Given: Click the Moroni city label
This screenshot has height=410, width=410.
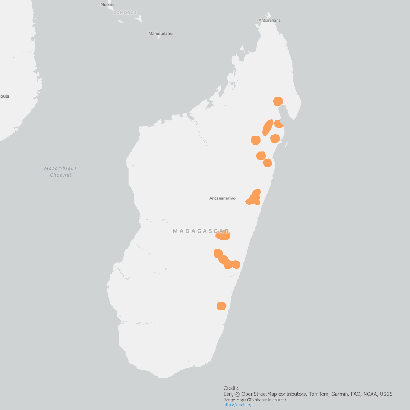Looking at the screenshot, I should [x=107, y=4].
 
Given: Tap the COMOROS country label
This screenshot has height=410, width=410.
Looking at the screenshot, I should [x=125, y=13].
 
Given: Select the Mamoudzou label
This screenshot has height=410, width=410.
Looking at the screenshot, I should [x=160, y=34].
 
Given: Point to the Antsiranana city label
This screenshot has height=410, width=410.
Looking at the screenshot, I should [x=269, y=20].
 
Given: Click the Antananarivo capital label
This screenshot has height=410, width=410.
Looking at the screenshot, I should [x=222, y=198].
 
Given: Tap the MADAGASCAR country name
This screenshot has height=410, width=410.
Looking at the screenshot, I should [x=201, y=231].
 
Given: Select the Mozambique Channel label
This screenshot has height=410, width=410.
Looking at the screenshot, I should [x=60, y=172].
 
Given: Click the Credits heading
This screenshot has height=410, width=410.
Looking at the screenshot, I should [x=231, y=388].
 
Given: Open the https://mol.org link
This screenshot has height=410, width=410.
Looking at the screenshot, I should [x=237, y=405].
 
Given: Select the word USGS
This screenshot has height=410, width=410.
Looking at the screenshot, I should [x=386, y=394].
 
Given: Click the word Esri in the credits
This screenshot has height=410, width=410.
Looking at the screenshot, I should [x=228, y=394].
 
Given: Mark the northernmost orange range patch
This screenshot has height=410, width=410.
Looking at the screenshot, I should [x=278, y=101].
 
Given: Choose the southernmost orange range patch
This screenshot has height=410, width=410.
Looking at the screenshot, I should [x=221, y=306].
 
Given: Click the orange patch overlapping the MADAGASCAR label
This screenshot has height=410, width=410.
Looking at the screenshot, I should [x=224, y=236].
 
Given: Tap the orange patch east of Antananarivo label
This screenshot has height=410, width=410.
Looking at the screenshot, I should [x=254, y=198].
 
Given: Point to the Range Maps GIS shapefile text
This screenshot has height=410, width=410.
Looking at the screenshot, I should [x=255, y=400].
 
